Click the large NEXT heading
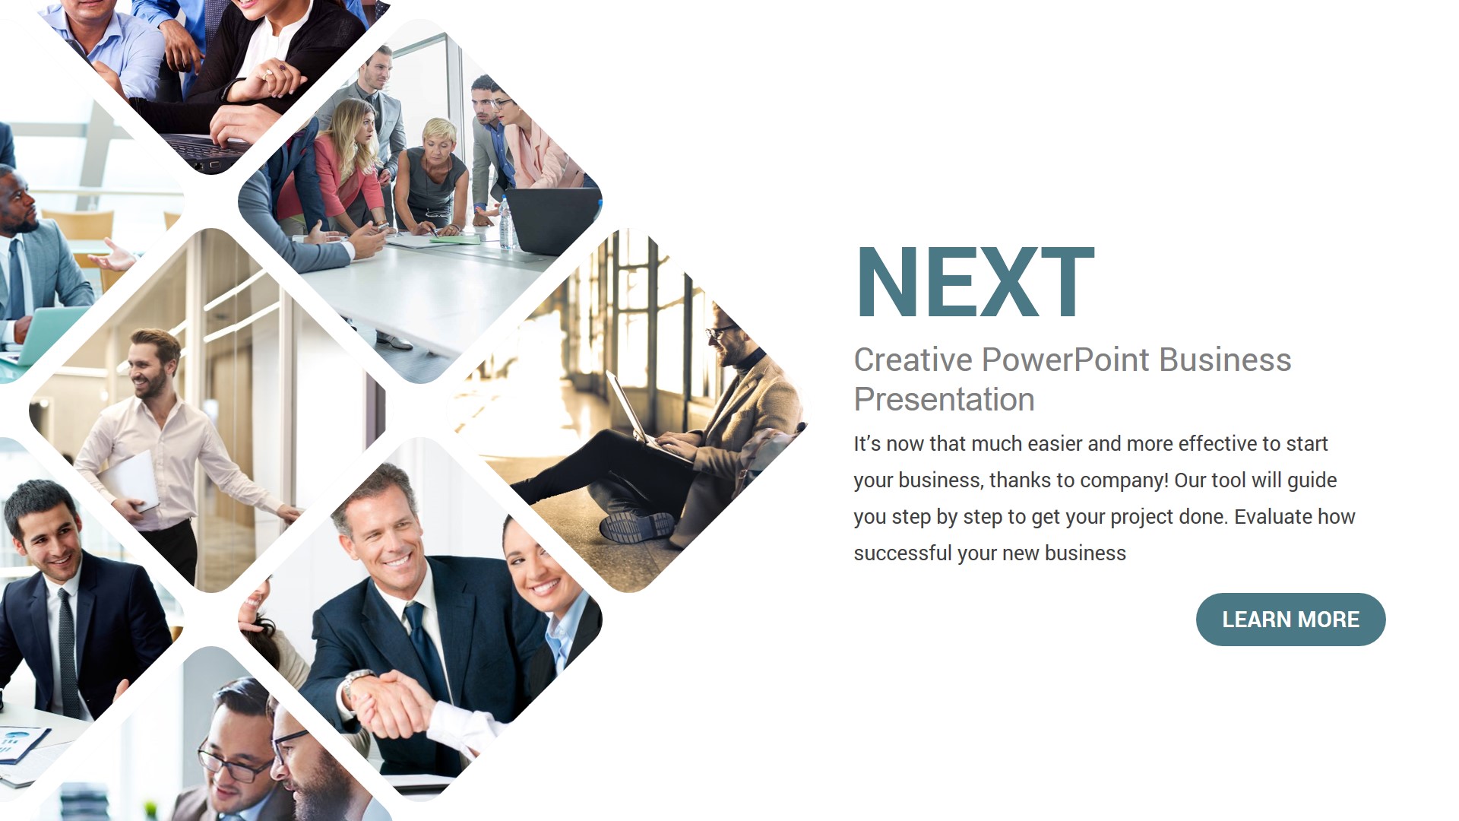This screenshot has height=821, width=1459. pyautogui.click(x=974, y=282)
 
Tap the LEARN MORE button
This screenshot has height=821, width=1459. pyautogui.click(x=1290, y=620)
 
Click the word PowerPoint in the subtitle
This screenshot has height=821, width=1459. pyautogui.click(x=1065, y=360)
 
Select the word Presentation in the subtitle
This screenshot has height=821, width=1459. pyautogui.click(x=944, y=400)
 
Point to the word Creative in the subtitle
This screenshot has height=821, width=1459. pyautogui.click(x=912, y=360)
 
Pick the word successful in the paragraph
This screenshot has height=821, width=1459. pyautogui.click(x=902, y=553)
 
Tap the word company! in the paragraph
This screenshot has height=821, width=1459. pyautogui.click(x=1124, y=480)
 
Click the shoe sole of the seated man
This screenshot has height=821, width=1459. pyautogui.click(x=637, y=526)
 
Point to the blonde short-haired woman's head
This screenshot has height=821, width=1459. pyautogui.click(x=439, y=137)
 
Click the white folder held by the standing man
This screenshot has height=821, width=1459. pyautogui.click(x=131, y=479)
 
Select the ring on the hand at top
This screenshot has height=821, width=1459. pyautogui.click(x=267, y=74)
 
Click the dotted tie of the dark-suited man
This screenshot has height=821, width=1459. pyautogui.click(x=68, y=646)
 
